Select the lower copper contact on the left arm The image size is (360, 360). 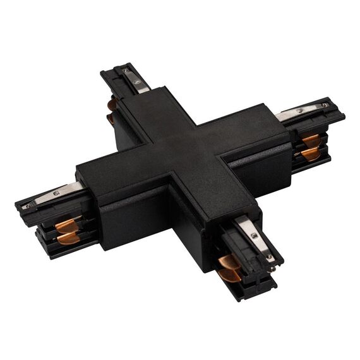tap(69, 238)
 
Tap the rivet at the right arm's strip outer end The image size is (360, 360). tap(325, 104)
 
